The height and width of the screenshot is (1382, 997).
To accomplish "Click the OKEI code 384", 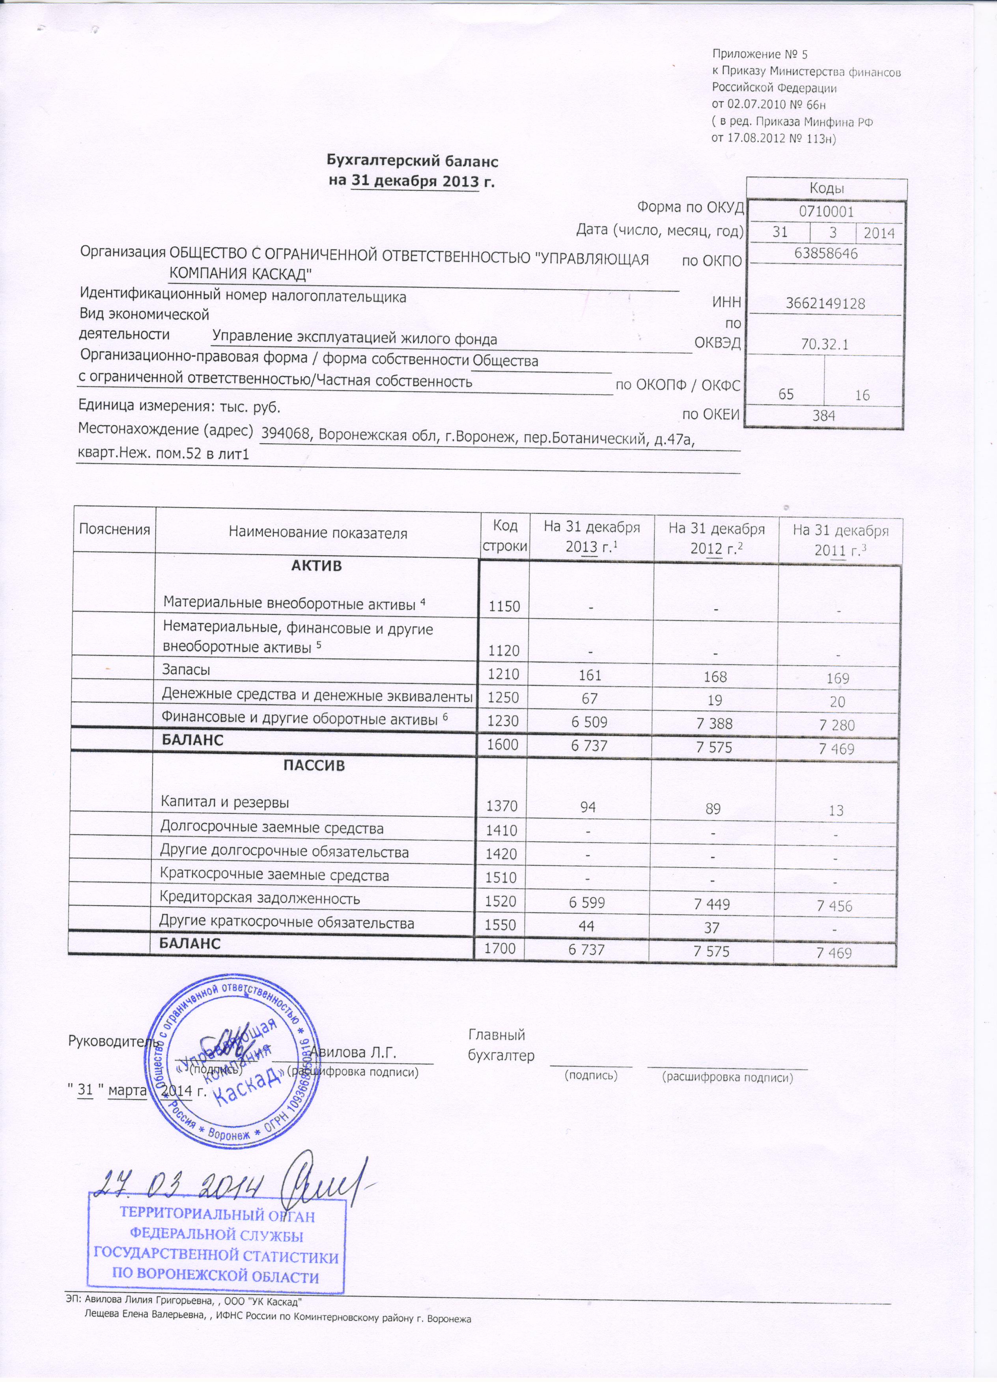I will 824,416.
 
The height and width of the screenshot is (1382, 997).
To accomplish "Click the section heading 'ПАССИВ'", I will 315,765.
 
